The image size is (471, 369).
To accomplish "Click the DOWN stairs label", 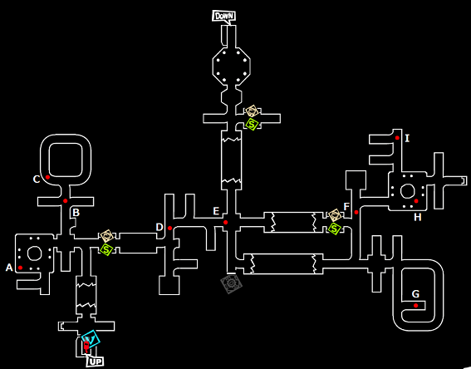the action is [223, 16].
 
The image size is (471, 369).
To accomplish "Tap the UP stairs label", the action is [96, 362].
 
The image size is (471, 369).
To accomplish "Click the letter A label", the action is [9, 268].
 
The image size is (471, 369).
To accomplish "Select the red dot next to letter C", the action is [47, 177].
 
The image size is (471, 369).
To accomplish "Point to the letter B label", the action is [76, 213].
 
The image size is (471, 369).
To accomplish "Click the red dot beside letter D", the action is [169, 228].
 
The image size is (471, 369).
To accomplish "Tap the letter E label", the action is [216, 211].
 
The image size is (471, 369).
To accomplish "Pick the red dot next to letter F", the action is [356, 212].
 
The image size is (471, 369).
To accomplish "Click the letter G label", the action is [415, 294].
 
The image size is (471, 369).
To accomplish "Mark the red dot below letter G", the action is [415, 306].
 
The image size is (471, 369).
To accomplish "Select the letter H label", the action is [418, 217].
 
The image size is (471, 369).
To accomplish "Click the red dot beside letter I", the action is [397, 138].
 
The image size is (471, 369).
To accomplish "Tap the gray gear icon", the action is [231, 283].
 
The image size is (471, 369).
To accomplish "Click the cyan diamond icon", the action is [91, 339].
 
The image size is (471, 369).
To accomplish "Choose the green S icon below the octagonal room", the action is [252, 124].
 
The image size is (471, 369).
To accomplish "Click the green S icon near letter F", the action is [334, 229].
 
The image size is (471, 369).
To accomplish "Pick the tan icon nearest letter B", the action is [106, 236].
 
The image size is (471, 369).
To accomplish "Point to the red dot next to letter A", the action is [20, 268].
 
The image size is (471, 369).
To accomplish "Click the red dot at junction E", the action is [226, 223].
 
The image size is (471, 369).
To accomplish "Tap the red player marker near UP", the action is [86, 347].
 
